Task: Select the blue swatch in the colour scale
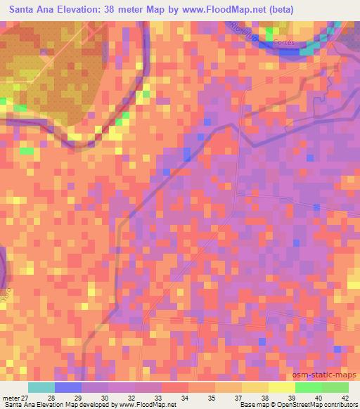click(x=67, y=387)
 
